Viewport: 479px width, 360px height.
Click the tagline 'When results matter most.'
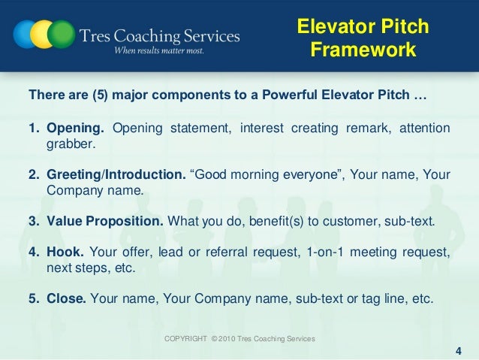(x=158, y=51)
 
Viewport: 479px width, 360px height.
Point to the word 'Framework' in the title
(x=363, y=50)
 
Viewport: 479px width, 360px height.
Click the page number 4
(x=459, y=350)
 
